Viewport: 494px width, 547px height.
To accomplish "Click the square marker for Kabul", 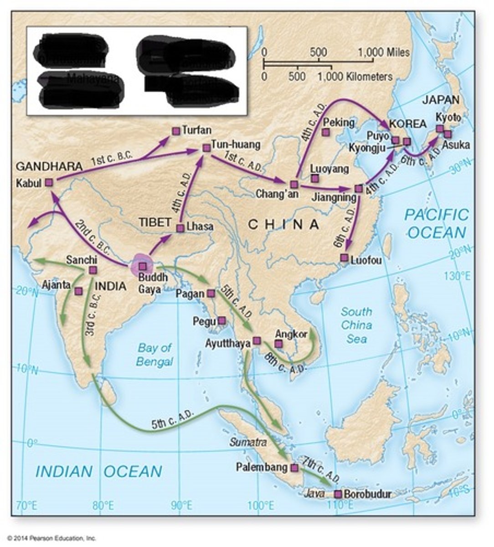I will pos(49,183).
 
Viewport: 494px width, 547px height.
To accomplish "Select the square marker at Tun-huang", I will pos(206,147).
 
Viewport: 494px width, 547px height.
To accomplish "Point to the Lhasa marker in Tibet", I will pos(180,228).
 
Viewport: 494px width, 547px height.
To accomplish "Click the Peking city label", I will pos(338,122).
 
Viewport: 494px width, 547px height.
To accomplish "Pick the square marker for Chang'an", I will pos(294,184).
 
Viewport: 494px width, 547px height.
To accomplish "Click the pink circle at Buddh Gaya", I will pos(143,266).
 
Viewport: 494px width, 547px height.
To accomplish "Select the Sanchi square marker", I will pos(93,270).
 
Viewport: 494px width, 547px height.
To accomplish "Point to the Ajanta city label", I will pos(56,285).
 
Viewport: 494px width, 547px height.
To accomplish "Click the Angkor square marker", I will pos(279,343).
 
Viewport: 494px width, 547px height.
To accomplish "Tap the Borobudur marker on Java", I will pos(338,494).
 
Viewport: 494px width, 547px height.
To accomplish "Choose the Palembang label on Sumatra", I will pos(262,467).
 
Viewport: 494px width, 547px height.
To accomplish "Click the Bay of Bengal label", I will pos(155,355).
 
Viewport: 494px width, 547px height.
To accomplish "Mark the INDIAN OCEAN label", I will pos(98,471).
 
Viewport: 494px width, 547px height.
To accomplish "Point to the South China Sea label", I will pos(356,325).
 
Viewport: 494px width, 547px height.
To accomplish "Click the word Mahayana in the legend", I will pos(93,78).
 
